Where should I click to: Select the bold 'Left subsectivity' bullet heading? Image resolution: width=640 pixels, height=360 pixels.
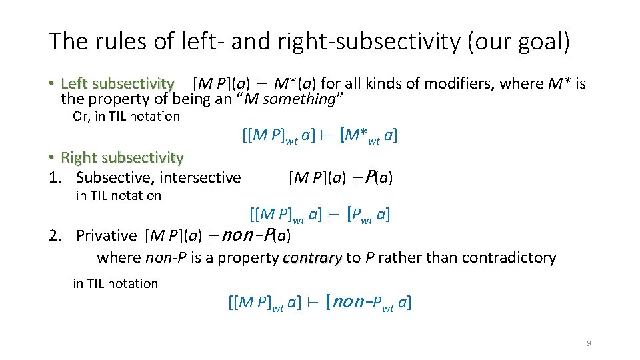click(x=117, y=84)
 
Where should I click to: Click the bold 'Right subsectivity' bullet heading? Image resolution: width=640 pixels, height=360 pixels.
click(x=122, y=158)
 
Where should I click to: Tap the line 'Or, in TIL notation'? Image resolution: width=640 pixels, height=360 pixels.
click(x=126, y=117)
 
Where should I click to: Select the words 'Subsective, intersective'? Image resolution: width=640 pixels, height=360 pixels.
click(x=159, y=177)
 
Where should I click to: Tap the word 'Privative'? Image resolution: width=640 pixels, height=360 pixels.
click(x=106, y=235)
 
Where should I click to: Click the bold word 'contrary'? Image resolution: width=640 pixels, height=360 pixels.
click(x=313, y=258)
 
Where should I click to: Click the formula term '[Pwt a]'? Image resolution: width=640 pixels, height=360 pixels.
click(x=369, y=215)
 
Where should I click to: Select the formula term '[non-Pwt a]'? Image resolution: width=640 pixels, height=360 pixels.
click(x=369, y=303)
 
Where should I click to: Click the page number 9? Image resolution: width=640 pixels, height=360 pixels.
click(x=589, y=343)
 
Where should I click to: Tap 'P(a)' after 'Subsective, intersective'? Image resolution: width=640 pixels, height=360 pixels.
click(x=381, y=177)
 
